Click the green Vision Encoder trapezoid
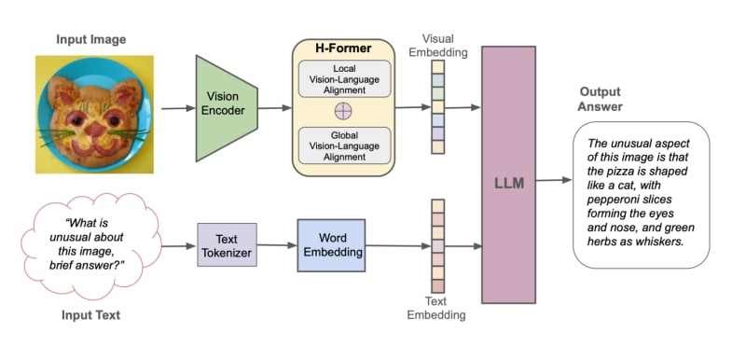pos(227,108)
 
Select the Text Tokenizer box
pos(227,245)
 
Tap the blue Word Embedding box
pos(331,245)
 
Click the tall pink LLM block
pos(508,174)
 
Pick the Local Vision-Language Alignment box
pos(343,78)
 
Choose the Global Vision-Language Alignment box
pos(343,145)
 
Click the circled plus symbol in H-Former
pos(343,112)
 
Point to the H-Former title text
pos(343,48)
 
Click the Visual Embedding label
pos(438,46)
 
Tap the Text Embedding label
pos(435,308)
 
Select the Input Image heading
pos(90,39)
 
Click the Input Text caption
pos(90,315)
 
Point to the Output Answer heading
pos(600,99)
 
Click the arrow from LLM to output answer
pos(554,180)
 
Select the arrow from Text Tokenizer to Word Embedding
pos(277,245)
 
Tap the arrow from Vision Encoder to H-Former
pos(274,108)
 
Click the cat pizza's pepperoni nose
pos(96,129)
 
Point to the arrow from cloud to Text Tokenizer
pos(179,246)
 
